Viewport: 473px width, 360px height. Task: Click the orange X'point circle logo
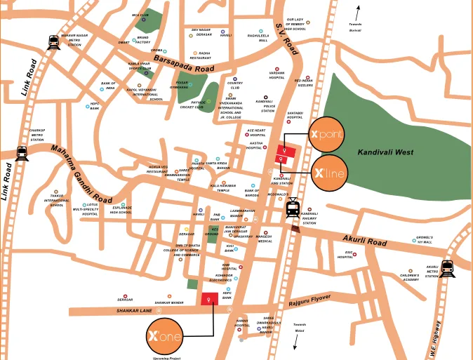[x=327, y=134]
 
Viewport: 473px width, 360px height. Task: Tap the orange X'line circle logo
[x=328, y=173]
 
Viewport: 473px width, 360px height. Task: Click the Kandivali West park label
[x=385, y=152]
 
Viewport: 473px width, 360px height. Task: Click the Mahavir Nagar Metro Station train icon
[x=53, y=43]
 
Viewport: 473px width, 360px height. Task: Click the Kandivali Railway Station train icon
[x=293, y=207]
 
